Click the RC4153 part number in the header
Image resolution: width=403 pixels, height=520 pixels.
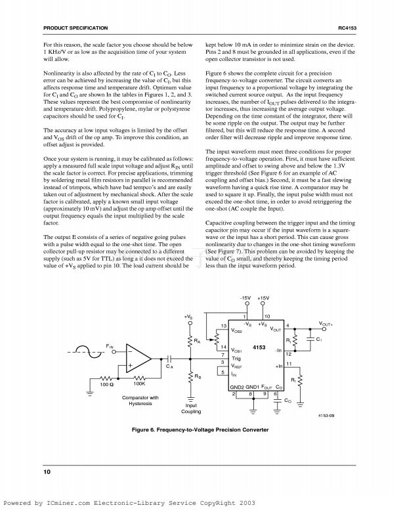click(x=347, y=28)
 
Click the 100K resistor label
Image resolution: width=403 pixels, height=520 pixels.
click(x=138, y=383)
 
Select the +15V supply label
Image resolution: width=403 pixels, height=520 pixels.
click(x=265, y=299)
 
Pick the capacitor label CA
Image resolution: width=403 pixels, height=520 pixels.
click(x=169, y=366)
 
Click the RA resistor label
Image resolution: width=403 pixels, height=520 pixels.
click(x=197, y=341)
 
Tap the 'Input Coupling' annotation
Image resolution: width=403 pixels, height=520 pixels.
click(x=192, y=409)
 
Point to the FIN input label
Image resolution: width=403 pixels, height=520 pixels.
click(x=110, y=345)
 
